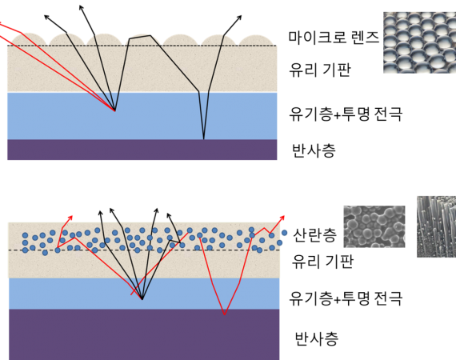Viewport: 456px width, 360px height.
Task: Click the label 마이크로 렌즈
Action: coord(334,38)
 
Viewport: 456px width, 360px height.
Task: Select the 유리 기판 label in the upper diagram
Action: coord(320,70)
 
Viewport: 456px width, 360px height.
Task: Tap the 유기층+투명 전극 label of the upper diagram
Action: coord(346,114)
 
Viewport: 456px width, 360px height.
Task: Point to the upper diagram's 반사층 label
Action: coord(314,150)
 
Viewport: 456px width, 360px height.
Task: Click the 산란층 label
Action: coord(314,235)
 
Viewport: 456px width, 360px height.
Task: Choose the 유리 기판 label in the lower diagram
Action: coord(322,261)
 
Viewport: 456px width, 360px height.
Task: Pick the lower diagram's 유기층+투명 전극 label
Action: coord(346,298)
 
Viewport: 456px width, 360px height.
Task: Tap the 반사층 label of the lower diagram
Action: coord(317,338)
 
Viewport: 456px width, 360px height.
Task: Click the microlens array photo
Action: coord(419,42)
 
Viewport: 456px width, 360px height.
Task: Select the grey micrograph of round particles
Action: coord(374,226)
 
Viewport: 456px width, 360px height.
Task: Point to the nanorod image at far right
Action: coord(436,226)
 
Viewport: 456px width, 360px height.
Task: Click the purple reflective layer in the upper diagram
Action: coord(142,150)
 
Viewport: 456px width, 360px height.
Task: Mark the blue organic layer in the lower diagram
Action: coord(144,294)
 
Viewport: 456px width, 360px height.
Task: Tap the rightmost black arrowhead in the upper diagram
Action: coord(239,18)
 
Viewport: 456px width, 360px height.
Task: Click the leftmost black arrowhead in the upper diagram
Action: coord(47,17)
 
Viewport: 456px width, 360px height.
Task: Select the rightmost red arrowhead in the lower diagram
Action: coord(282,218)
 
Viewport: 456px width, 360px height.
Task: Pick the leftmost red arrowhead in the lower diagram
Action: coord(70,218)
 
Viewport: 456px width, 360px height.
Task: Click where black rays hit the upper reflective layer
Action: coord(203,139)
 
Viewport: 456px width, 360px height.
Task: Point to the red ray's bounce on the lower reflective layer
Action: coord(225,314)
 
